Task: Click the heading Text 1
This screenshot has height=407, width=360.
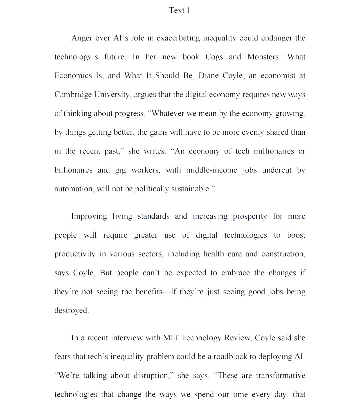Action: [x=179, y=11]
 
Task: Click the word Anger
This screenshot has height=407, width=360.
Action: [x=82, y=38]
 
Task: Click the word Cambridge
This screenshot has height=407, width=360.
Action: [x=73, y=95]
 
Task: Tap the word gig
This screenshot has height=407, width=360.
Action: [x=120, y=171]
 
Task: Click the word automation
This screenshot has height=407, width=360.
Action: [x=74, y=189]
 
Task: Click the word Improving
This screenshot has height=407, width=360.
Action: [x=89, y=217]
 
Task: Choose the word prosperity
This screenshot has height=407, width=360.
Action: [x=250, y=217]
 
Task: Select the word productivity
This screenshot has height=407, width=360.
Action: [x=75, y=254]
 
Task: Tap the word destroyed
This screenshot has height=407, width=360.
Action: [x=71, y=311]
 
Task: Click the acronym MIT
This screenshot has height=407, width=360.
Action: [x=171, y=338]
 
